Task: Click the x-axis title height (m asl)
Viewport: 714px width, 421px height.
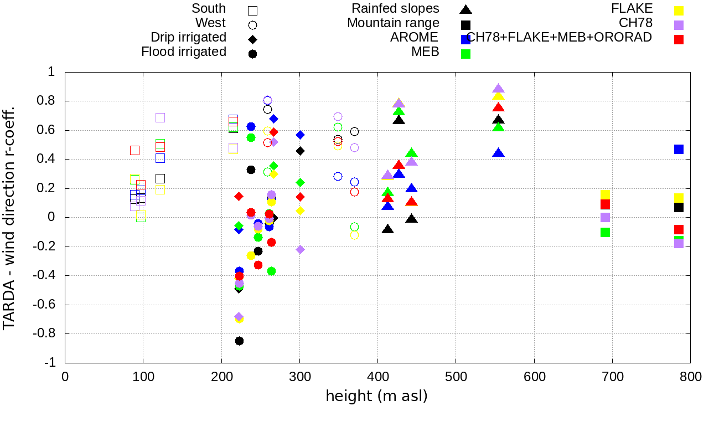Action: (x=377, y=397)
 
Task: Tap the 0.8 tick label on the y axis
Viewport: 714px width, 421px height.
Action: (x=48, y=101)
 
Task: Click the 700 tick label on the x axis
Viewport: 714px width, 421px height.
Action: (x=613, y=377)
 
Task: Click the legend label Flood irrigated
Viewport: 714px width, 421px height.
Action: (x=184, y=52)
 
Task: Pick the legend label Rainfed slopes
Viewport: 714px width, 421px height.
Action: (x=396, y=9)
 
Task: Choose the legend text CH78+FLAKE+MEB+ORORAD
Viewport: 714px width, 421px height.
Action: (x=559, y=37)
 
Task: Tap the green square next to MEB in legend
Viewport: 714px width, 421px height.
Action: (x=466, y=54)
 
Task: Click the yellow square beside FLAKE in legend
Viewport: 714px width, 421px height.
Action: (x=679, y=10)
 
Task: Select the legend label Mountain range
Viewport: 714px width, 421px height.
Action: (x=394, y=23)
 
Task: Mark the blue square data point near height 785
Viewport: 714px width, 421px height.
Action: (x=679, y=149)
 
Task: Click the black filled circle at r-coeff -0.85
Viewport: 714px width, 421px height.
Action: (x=239, y=341)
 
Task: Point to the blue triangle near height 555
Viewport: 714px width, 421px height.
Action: (x=498, y=153)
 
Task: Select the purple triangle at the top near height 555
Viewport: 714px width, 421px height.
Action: (x=498, y=89)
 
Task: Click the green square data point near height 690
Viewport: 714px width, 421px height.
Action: (x=605, y=232)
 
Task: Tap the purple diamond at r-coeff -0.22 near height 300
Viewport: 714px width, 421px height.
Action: (x=300, y=249)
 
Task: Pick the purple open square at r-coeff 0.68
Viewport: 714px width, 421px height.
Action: (x=160, y=117)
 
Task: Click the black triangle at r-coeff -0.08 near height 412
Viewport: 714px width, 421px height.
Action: (x=387, y=229)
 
